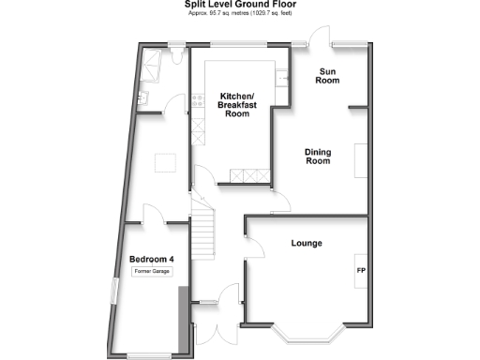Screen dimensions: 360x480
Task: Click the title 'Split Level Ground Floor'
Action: tap(239, 5)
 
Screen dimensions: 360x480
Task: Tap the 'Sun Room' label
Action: tap(327, 76)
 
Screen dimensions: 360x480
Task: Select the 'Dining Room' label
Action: tap(319, 156)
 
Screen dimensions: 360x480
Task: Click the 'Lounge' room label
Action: tap(306, 244)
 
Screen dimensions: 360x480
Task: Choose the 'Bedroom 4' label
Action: tap(152, 259)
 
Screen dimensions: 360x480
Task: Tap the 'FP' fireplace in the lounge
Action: tap(361, 271)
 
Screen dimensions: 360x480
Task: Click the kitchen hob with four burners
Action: tap(197, 100)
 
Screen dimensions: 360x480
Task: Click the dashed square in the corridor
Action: tap(166, 162)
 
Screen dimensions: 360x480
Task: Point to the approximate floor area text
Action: tap(239, 15)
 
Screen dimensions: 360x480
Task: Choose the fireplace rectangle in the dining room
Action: tap(362, 160)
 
